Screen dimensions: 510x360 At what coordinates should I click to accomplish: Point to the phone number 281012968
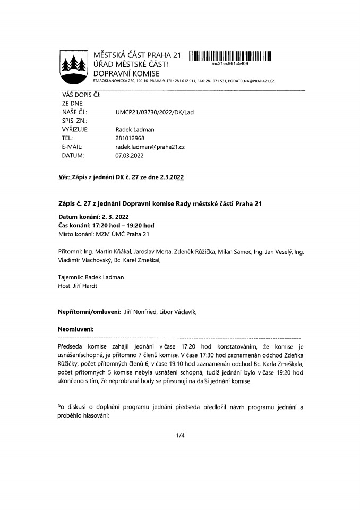130,137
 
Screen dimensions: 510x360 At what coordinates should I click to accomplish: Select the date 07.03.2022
130,156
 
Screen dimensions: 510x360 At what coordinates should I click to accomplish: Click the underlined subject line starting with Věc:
121,176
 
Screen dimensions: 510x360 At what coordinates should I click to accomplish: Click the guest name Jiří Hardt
88,286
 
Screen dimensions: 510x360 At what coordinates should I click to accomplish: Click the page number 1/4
180,436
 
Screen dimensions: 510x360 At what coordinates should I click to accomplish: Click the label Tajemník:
71,277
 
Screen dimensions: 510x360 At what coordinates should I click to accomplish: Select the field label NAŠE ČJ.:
74,113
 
